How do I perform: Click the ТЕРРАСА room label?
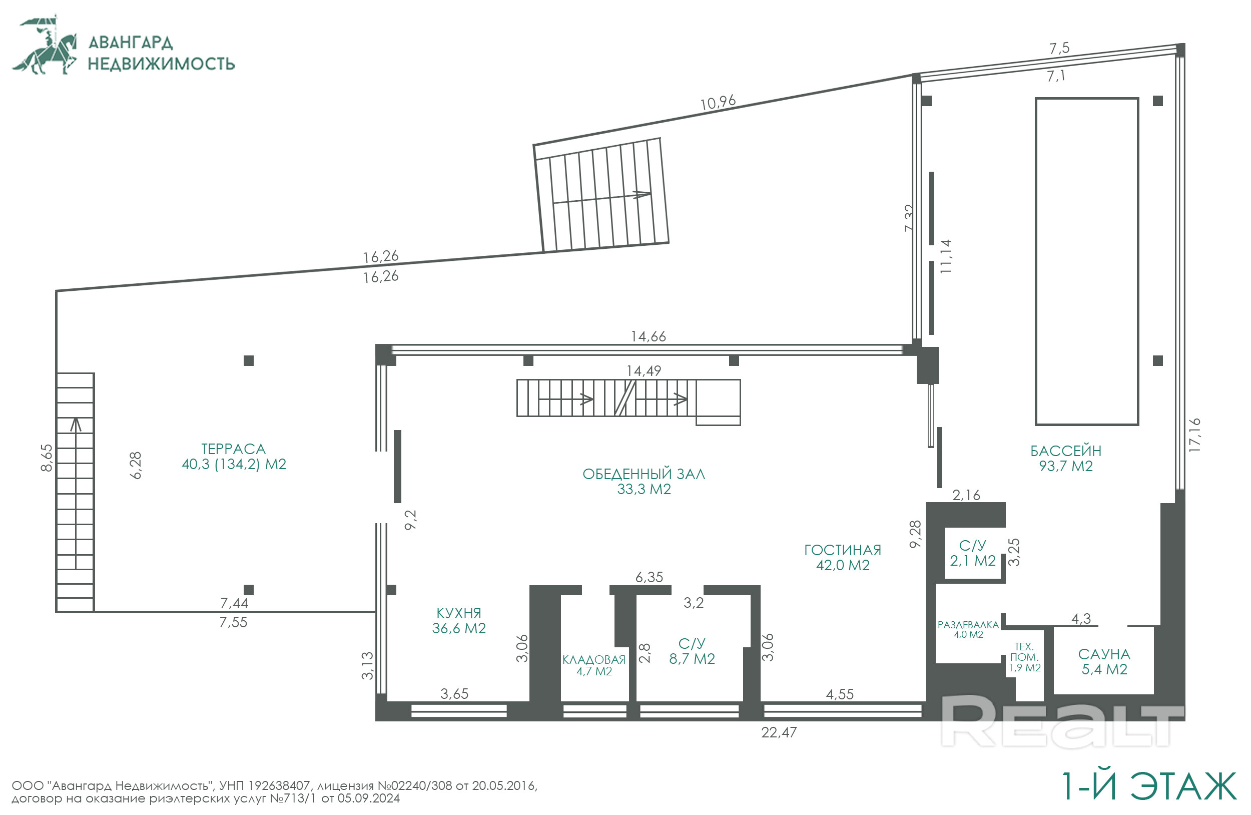[233, 449]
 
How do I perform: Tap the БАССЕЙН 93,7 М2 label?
[1065, 459]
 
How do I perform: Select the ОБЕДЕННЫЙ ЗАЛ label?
[644, 474]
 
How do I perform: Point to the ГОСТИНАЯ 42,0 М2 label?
[843, 557]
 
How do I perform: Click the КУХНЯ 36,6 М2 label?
[459, 620]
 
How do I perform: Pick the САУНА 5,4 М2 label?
[1104, 661]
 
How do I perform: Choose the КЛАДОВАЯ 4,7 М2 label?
[594, 665]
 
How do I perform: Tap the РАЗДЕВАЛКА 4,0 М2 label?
[968, 629]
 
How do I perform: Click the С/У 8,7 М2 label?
[692, 651]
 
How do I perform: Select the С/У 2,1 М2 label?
[972, 553]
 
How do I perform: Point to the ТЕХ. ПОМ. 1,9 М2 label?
[1024, 657]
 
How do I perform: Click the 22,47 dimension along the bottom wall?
[779, 732]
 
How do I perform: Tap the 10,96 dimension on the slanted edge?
[718, 102]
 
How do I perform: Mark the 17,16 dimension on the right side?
[1194, 435]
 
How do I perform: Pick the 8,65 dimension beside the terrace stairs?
[47, 458]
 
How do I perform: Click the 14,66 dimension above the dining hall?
[648, 336]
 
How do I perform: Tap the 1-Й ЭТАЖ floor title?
[1148, 786]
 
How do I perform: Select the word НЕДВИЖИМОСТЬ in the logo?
[161, 64]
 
